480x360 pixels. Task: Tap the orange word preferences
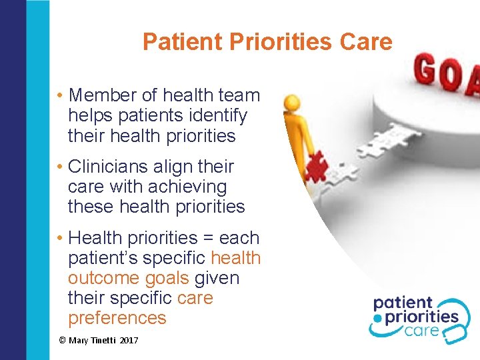point(117,318)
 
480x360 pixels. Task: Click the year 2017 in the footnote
point(128,341)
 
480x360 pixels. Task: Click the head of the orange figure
point(291,103)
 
